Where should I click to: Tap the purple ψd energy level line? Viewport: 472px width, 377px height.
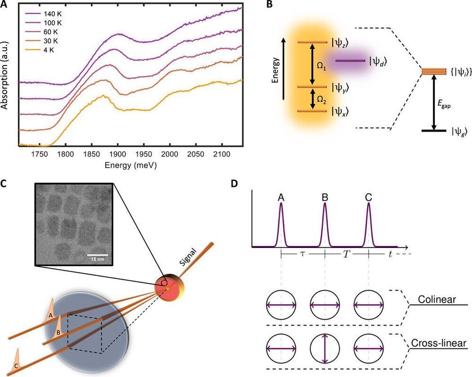(350, 60)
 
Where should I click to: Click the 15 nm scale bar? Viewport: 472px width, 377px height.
(98, 255)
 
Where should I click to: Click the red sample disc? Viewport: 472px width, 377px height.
(168, 287)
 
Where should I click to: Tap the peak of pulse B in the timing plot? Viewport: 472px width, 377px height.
(325, 204)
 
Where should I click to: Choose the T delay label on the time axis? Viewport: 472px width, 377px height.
(346, 254)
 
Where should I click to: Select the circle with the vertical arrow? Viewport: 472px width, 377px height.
(325, 349)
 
